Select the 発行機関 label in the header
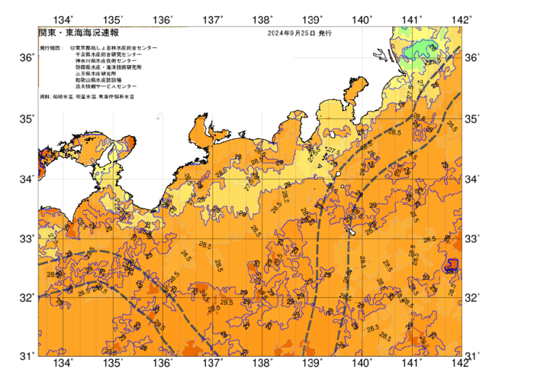coord(50,47)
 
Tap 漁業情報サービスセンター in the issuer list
coord(106,87)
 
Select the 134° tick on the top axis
coord(64,20)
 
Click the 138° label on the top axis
coord(262,20)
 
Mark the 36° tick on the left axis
coord(27,58)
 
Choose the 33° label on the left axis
coord(27,239)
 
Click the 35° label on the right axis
coord(473,119)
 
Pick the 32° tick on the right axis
coord(473,298)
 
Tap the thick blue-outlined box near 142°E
coord(452,266)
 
